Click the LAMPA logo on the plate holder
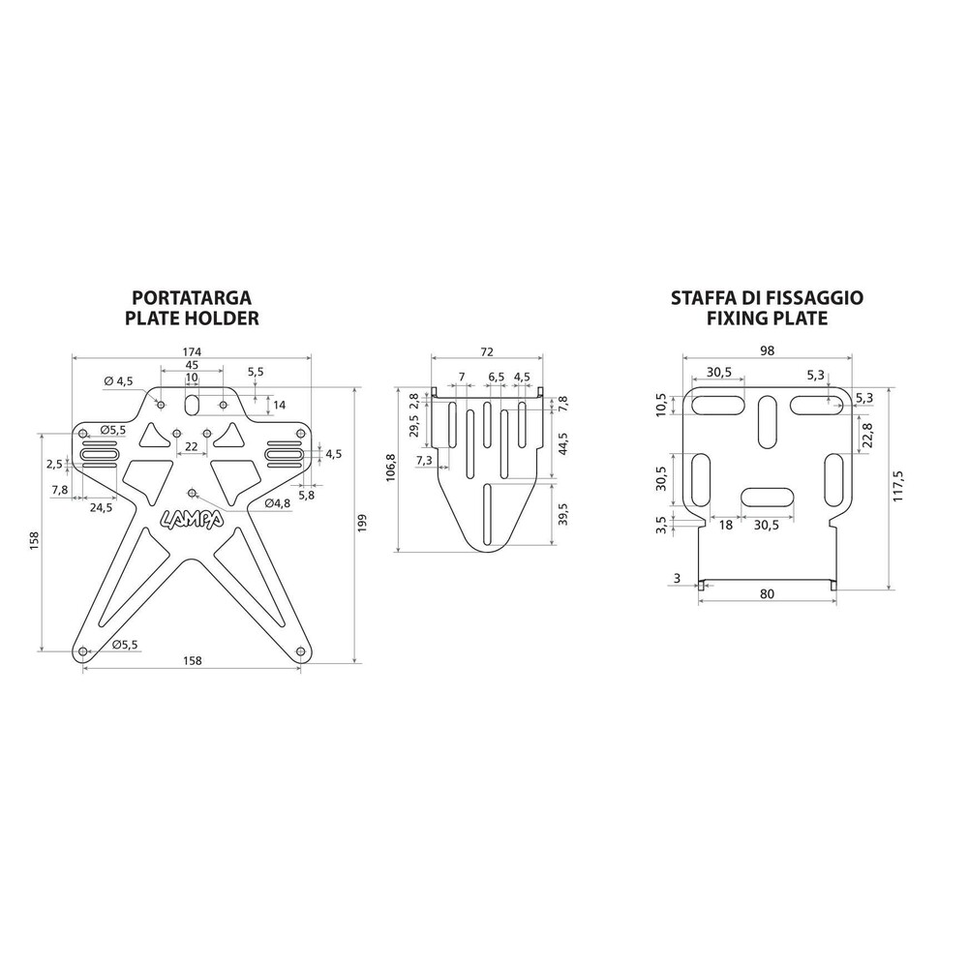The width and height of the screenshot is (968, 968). [x=192, y=520]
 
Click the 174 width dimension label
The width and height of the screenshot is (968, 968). [x=192, y=352]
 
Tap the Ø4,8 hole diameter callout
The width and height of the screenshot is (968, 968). [x=277, y=503]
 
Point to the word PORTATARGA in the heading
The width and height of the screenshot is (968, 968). [x=192, y=297]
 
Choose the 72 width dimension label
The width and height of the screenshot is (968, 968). [x=487, y=352]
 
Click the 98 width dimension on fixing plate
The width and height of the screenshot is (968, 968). [x=768, y=350]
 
